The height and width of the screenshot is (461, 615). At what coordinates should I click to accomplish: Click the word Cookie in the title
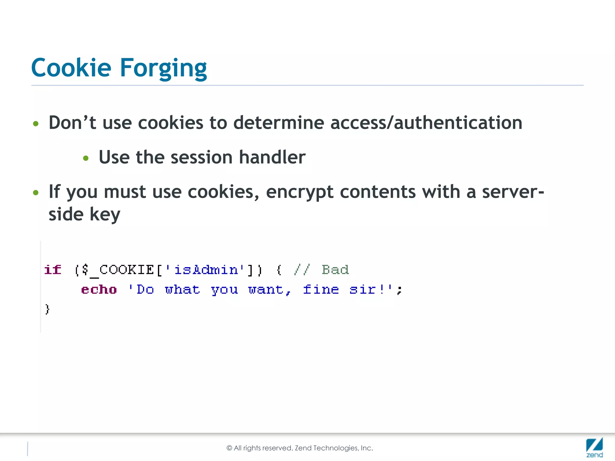(71, 68)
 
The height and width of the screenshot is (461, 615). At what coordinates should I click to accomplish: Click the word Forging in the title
(163, 68)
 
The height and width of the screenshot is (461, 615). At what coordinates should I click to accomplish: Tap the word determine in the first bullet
(279, 123)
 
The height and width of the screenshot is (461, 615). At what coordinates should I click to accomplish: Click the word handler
(272, 157)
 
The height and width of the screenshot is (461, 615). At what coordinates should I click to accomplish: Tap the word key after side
(105, 215)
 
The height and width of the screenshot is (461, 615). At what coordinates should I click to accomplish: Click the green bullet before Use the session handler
(86, 158)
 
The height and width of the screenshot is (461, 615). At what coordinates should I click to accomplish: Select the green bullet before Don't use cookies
(36, 124)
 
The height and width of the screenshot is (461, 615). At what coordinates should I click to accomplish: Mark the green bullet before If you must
(36, 192)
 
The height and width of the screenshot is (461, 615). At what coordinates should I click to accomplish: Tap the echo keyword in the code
(99, 290)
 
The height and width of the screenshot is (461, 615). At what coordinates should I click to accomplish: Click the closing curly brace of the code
(47, 309)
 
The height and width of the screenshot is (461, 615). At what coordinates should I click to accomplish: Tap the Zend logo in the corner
(594, 447)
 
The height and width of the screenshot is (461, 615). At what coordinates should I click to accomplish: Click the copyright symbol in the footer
(229, 448)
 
